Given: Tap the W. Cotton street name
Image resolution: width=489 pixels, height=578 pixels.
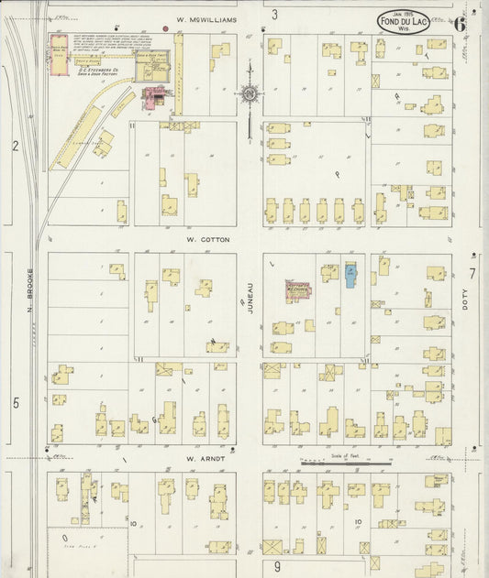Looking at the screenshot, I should pyautogui.click(x=207, y=240).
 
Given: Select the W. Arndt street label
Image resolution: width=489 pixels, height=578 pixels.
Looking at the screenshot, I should pyautogui.click(x=205, y=458).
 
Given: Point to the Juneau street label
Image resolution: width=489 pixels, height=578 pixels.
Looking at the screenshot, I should pyautogui.click(x=250, y=300).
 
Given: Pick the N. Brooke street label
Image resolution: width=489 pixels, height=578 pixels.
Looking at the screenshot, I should pyautogui.click(x=29, y=290).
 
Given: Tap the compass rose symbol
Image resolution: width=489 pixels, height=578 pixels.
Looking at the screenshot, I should pyautogui.click(x=249, y=93).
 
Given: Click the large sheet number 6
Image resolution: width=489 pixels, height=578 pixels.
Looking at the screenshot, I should pyautogui.click(x=458, y=24).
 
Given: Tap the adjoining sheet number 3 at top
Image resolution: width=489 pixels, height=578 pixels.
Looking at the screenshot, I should pyautogui.click(x=274, y=15).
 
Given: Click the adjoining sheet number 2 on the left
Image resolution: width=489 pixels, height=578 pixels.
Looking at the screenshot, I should pyautogui.click(x=16, y=146).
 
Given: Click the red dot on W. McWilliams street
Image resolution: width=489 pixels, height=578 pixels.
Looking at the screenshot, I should pyautogui.click(x=165, y=28).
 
